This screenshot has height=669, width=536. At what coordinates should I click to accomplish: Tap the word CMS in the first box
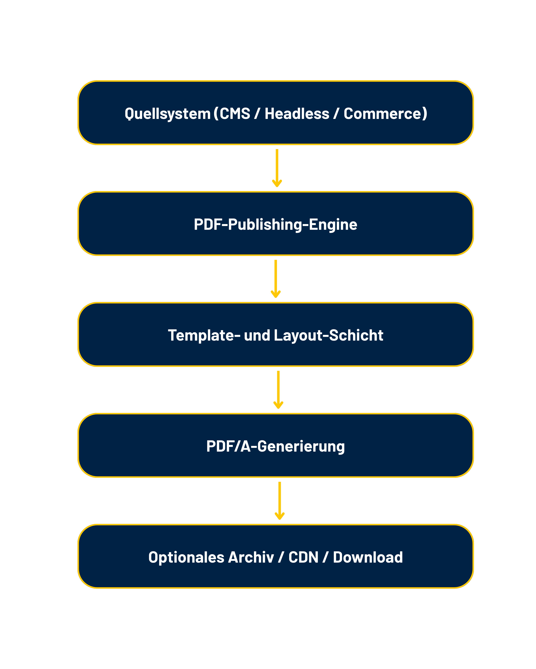click(235, 114)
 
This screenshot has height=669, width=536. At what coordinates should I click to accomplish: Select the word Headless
click(297, 114)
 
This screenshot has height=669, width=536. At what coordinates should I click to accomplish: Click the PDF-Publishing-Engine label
click(275, 224)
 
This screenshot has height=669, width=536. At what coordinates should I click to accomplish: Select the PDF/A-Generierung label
click(275, 446)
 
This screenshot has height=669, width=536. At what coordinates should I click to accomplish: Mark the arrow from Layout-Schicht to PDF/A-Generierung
click(278, 389)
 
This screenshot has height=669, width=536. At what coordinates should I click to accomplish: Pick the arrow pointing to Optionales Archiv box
click(280, 500)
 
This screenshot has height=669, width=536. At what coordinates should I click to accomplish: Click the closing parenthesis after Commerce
click(425, 114)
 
